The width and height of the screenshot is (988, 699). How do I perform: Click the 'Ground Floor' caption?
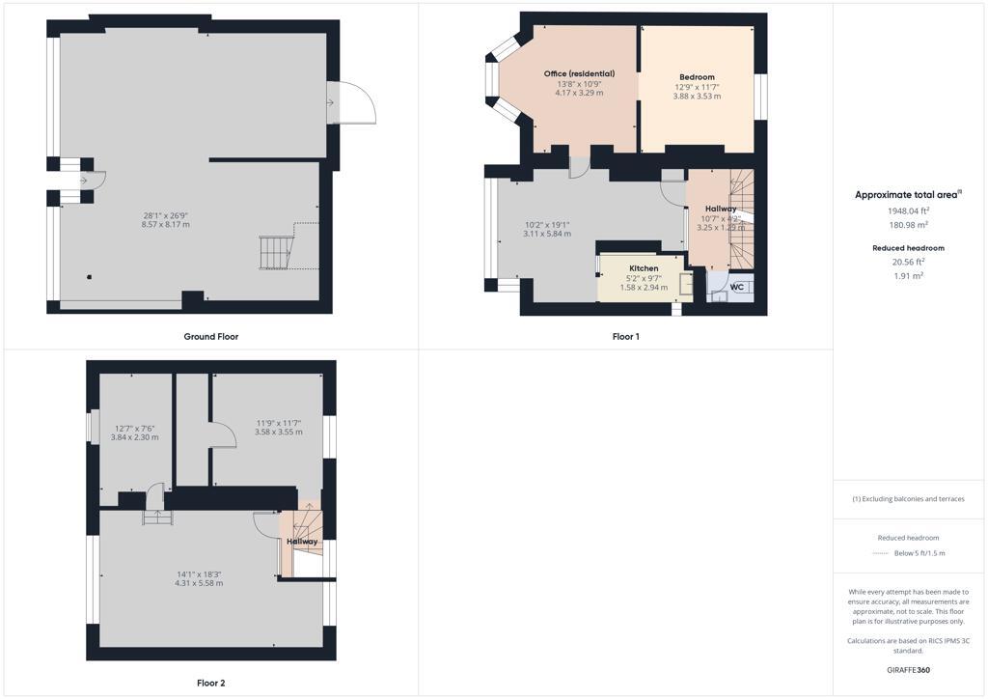[210, 337]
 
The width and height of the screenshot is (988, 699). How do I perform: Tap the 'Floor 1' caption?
[625, 337]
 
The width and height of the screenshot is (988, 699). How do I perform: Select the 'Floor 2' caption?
[210, 683]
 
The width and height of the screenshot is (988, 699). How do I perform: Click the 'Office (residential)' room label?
[579, 73]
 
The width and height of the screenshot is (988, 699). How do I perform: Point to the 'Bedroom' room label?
[697, 77]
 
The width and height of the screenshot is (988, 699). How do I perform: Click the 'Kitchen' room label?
[644, 268]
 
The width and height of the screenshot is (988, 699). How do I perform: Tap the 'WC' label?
[737, 287]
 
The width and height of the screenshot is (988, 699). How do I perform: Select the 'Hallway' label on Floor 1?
[720, 209]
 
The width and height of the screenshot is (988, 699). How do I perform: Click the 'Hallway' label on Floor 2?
[302, 542]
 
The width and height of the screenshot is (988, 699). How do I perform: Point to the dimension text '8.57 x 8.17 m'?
[166, 225]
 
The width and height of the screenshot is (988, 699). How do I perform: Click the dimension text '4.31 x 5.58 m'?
[199, 583]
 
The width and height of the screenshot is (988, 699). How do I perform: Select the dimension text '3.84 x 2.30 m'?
[134, 437]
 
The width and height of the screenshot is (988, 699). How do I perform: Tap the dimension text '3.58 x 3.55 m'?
[279, 432]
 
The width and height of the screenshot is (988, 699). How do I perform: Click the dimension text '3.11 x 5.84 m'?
[547, 234]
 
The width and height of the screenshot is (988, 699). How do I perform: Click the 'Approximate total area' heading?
[907, 195]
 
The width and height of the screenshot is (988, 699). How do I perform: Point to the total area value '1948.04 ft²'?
[908, 210]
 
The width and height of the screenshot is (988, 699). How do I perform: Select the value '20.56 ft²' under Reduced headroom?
[908, 261]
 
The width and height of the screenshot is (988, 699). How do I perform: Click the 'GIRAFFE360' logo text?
[908, 669]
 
